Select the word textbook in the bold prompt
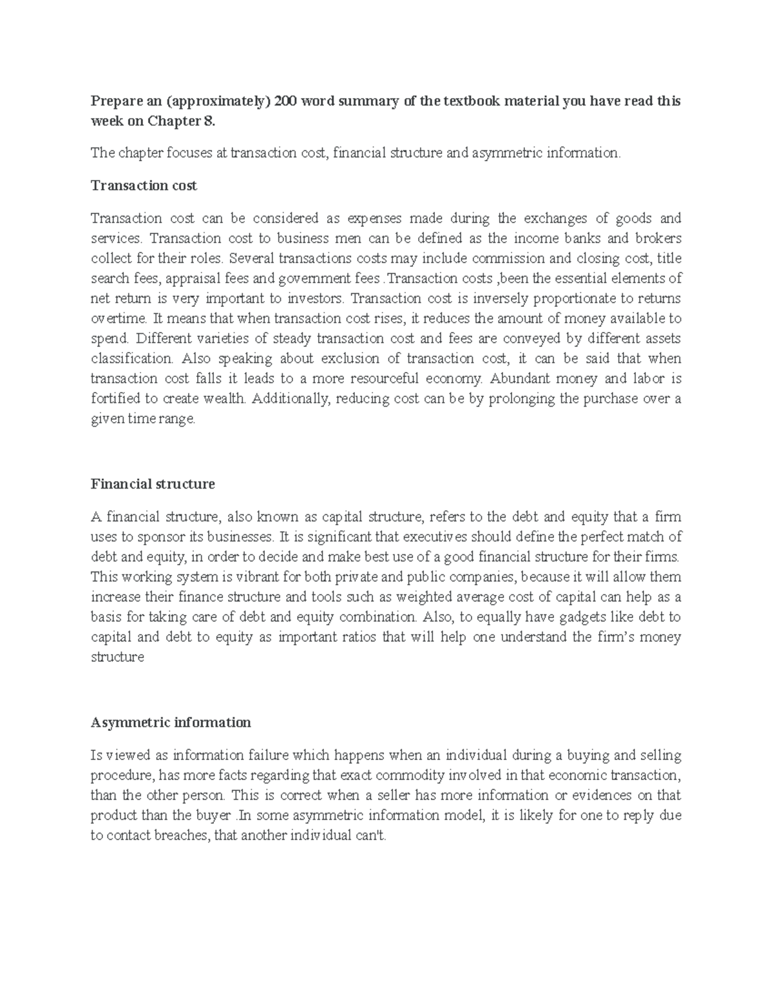pyautogui.click(x=469, y=102)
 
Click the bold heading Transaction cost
pyautogui.click(x=144, y=186)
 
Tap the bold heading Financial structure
pyautogui.click(x=153, y=484)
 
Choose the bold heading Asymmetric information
pyautogui.click(x=171, y=723)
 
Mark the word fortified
pyautogui.click(x=113, y=398)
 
